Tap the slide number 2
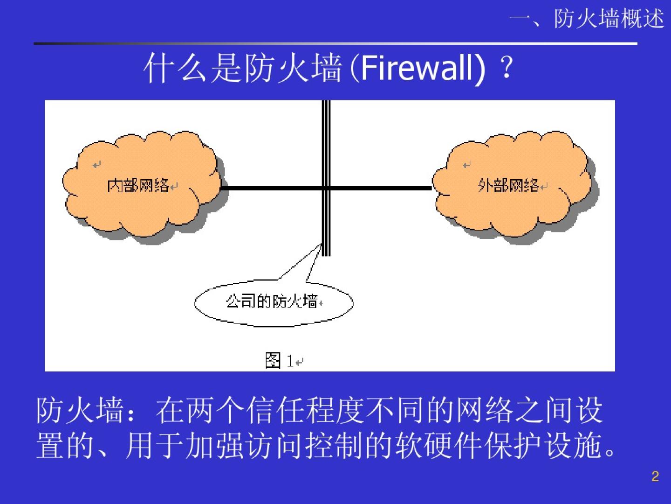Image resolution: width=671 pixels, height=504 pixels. click(x=655, y=476)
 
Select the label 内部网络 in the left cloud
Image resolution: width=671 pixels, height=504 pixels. click(x=138, y=186)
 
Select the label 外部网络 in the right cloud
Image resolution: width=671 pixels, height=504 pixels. click(x=508, y=186)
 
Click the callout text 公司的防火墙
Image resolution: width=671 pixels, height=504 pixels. click(x=272, y=301)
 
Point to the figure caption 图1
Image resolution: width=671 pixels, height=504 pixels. click(x=280, y=360)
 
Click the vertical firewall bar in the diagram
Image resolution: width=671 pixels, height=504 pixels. click(x=326, y=140)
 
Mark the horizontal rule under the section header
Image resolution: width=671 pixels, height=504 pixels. click(x=335, y=43)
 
